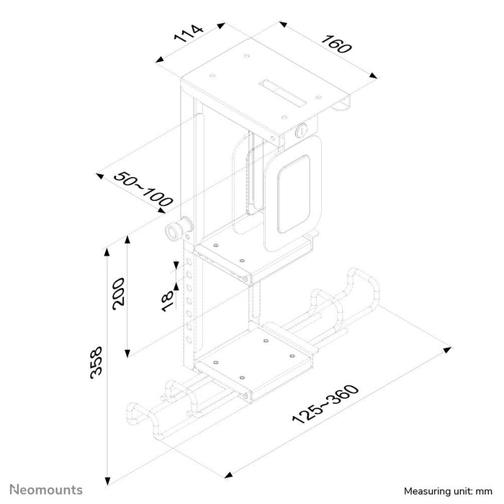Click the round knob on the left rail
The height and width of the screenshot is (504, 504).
click(175, 230)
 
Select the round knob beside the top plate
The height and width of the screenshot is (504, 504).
click(302, 131)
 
